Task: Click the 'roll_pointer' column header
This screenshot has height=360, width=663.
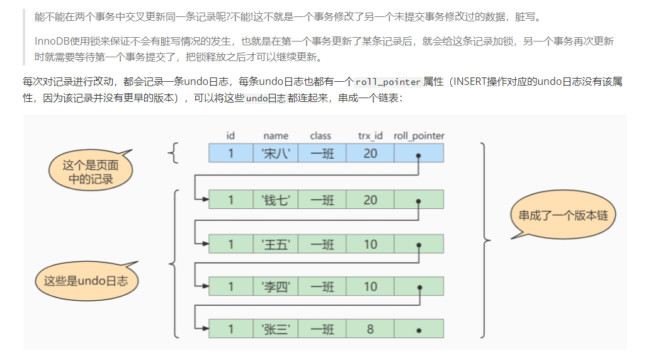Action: pyautogui.click(x=419, y=135)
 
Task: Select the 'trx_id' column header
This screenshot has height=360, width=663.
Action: pyautogui.click(x=370, y=135)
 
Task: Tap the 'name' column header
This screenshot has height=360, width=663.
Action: pyautogui.click(x=276, y=135)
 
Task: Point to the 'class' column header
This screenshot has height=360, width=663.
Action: pyautogui.click(x=320, y=135)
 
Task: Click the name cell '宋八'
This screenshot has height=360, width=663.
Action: pyautogui.click(x=276, y=153)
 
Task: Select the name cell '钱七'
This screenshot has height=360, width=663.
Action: pyautogui.click(x=276, y=200)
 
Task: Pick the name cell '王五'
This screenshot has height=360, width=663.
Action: pyautogui.click(x=276, y=244)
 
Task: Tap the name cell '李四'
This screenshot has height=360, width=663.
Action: pyautogui.click(x=276, y=286)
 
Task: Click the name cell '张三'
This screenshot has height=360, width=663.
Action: pyautogui.click(x=276, y=329)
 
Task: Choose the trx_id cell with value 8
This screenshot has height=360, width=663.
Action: pyautogui.click(x=370, y=329)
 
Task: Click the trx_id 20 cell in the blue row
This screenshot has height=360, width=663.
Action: pyautogui.click(x=370, y=153)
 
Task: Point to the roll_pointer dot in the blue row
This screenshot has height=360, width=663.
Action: pyautogui.click(x=419, y=154)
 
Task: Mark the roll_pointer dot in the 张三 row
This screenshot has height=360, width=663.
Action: pyautogui.click(x=419, y=330)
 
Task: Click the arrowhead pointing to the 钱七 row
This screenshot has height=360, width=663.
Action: pyautogui.click(x=205, y=200)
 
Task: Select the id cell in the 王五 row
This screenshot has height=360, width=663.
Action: pyautogui.click(x=231, y=244)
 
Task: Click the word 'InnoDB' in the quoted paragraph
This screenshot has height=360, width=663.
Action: pyautogui.click(x=54, y=42)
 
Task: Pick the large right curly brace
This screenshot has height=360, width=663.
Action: pyautogui.click(x=485, y=239)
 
